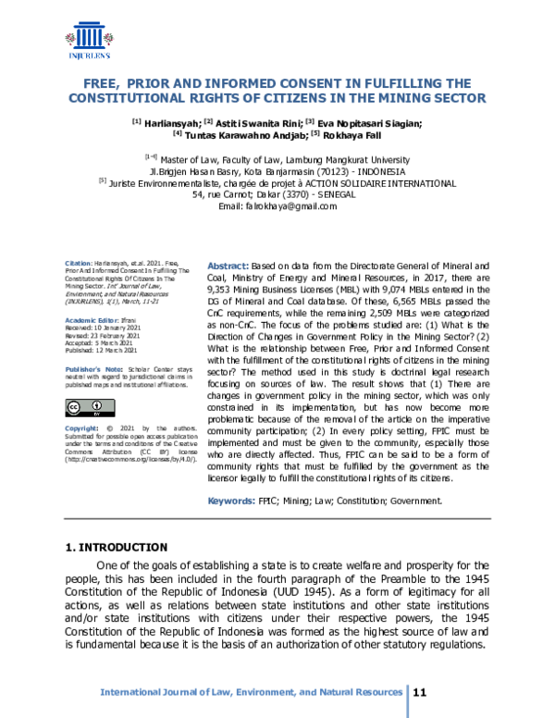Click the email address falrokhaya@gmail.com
pos(296,205)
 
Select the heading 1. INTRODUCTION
pos(117,547)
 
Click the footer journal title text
pos(251,692)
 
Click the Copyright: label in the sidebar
pos(80,429)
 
